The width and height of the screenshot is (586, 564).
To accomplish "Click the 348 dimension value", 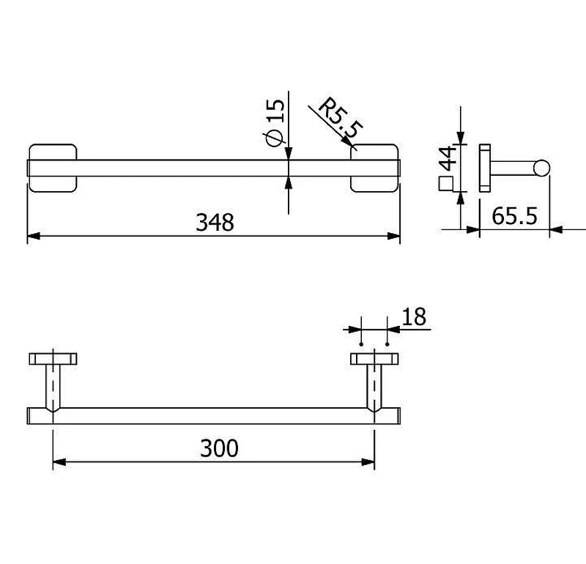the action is [x=215, y=223].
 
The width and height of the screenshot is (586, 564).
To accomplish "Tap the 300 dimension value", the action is [x=219, y=448].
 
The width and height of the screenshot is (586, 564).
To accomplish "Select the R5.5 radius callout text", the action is [x=340, y=118].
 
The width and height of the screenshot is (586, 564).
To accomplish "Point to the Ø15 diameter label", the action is [x=275, y=122].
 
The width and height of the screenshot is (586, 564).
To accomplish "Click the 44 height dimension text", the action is [x=448, y=158].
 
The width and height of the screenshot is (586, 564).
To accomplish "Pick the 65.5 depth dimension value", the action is [x=515, y=216].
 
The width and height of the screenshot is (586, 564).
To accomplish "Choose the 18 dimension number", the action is [x=414, y=317].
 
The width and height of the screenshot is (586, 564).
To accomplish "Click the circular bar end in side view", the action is [x=541, y=168].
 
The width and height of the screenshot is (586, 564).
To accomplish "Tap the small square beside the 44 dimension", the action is [x=445, y=184].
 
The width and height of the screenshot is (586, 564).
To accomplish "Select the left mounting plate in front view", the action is [x=53, y=168].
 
